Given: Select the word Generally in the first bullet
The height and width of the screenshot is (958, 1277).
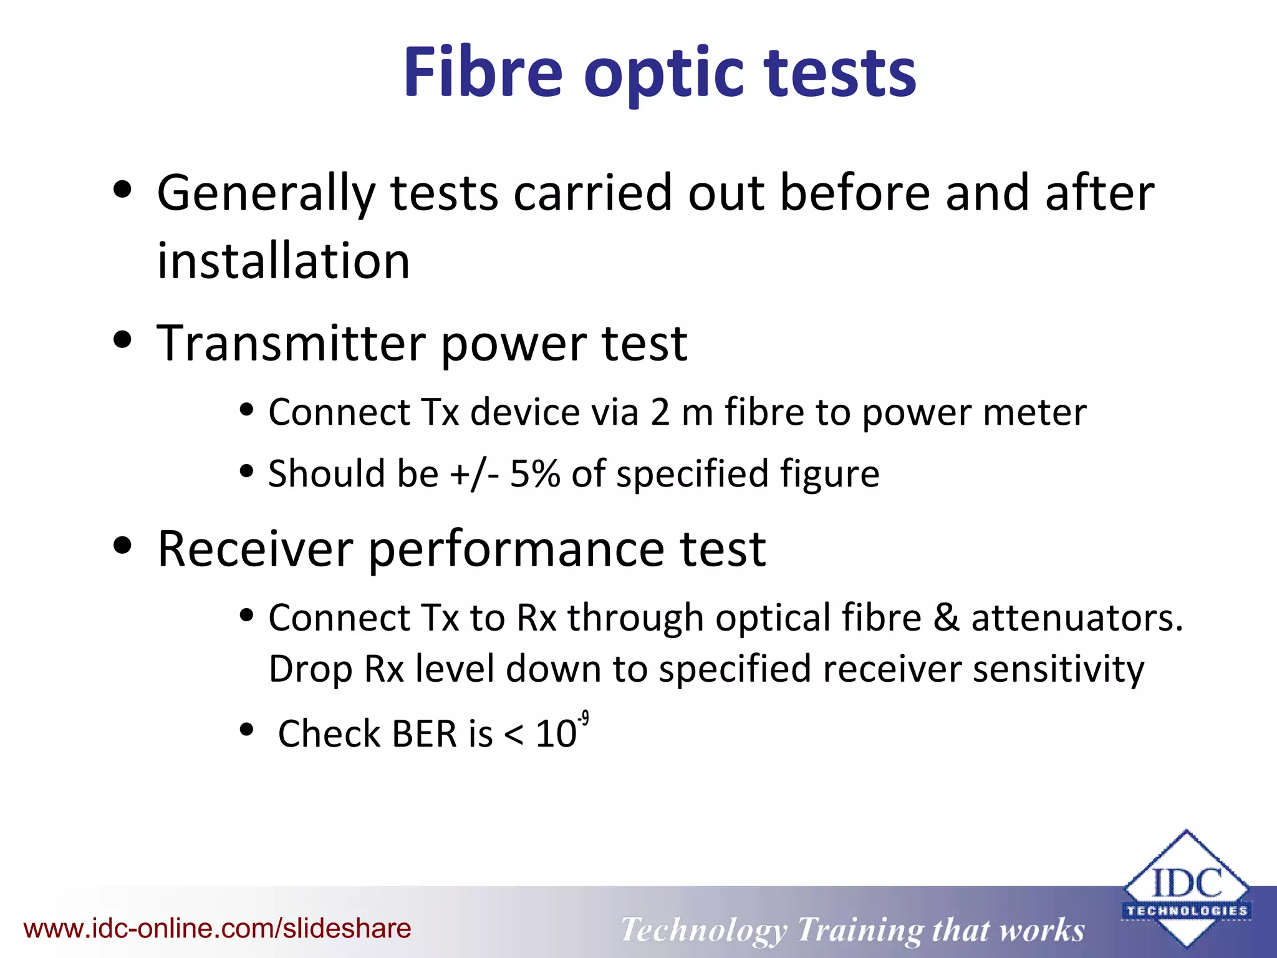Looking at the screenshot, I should pyautogui.click(x=266, y=193).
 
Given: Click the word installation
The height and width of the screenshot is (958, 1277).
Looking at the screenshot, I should pyautogui.click(x=284, y=260).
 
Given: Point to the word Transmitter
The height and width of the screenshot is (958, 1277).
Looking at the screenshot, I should pyautogui.click(x=292, y=343).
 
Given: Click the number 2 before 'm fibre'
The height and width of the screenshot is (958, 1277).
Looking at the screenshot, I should pyautogui.click(x=660, y=413).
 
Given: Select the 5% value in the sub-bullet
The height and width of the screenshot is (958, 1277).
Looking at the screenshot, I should pyautogui.click(x=534, y=474).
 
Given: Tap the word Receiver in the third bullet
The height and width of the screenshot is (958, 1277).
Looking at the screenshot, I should pyautogui.click(x=256, y=549).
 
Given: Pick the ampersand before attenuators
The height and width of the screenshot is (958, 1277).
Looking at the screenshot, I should pyautogui.click(x=946, y=618).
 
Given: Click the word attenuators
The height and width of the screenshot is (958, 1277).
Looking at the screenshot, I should pyautogui.click(x=1077, y=618).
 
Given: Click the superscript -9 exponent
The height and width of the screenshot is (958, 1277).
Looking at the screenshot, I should pyautogui.click(x=583, y=720).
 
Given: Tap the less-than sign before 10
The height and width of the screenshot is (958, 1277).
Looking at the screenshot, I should pyautogui.click(x=513, y=735).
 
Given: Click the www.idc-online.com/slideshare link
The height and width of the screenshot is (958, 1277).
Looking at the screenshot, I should pyautogui.click(x=217, y=929).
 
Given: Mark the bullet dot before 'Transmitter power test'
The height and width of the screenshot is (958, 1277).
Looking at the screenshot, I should pyautogui.click(x=123, y=340).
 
